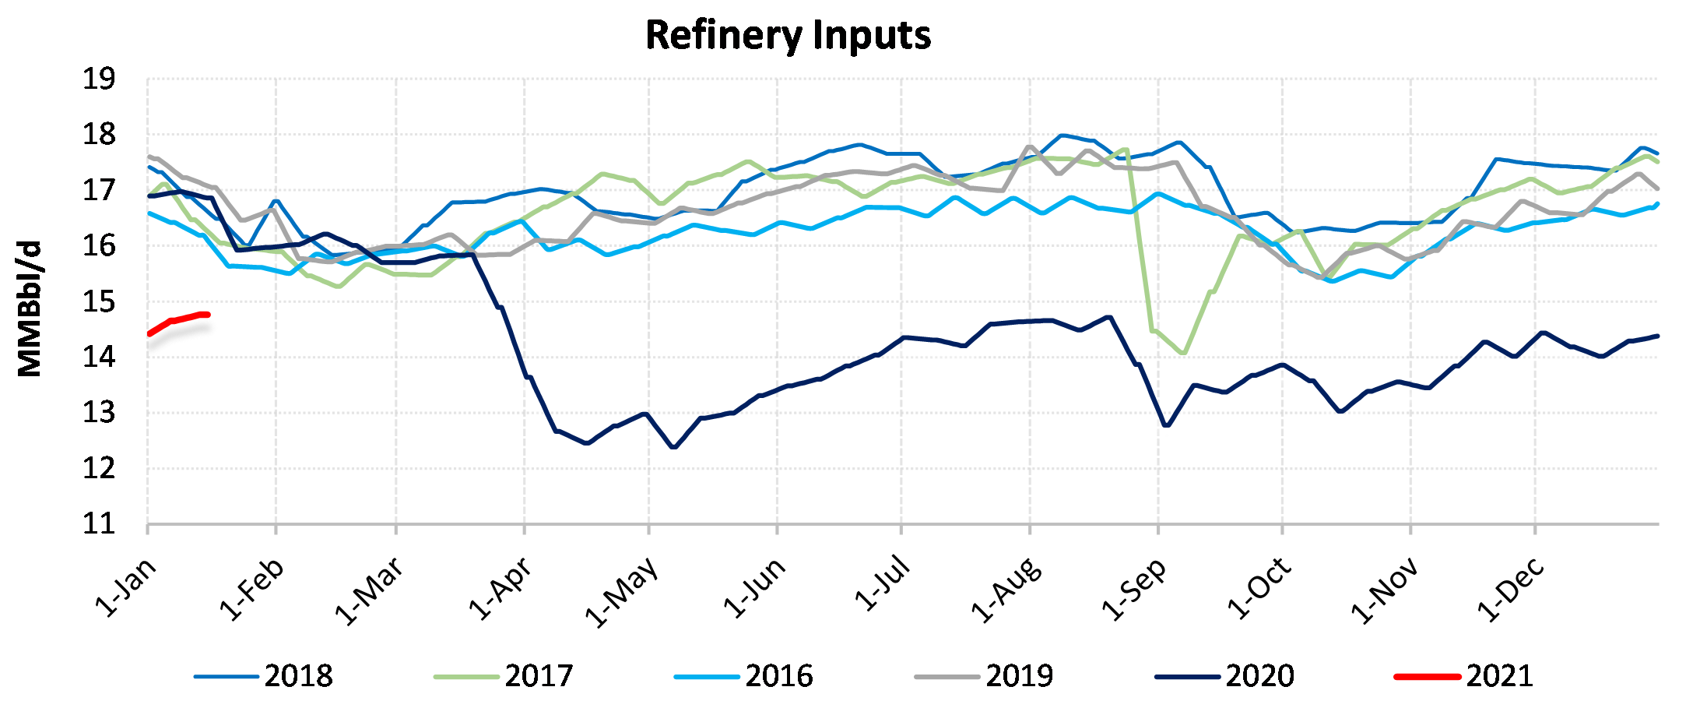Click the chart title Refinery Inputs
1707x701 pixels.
pyautogui.click(x=788, y=36)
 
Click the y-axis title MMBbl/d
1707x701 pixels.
pyautogui.click(x=30, y=308)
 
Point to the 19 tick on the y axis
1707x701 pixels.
pyautogui.click(x=99, y=79)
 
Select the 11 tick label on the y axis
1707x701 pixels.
pyautogui.click(x=99, y=523)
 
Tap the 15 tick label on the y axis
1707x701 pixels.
pyautogui.click(x=99, y=301)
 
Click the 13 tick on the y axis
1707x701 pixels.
pyautogui.click(x=99, y=413)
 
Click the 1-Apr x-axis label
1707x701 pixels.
pyautogui.click(x=500, y=589)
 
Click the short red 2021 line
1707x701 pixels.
pyautogui.click(x=179, y=319)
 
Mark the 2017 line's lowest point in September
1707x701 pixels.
pyautogui.click(x=1183, y=354)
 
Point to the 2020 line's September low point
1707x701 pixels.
pyautogui.click(x=1166, y=425)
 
